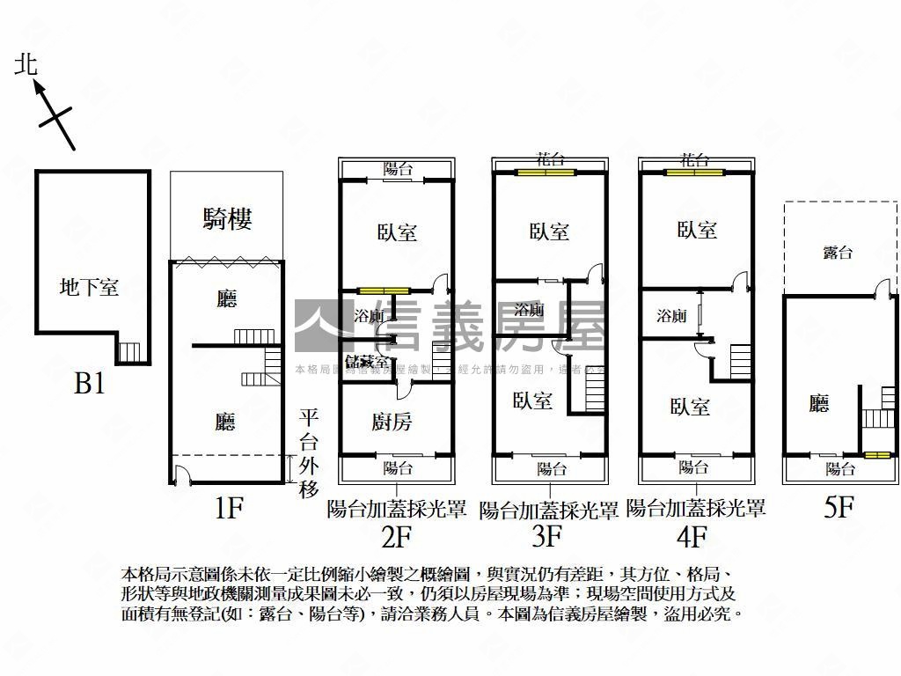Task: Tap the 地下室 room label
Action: pyautogui.click(x=89, y=287)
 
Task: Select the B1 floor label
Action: pyautogui.click(x=90, y=384)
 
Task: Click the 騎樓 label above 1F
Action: pyautogui.click(x=227, y=218)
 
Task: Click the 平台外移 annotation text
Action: pyautogui.click(x=309, y=454)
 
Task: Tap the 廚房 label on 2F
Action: pyautogui.click(x=392, y=422)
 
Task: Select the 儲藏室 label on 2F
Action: pyautogui.click(x=367, y=362)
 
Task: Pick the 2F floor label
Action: pyautogui.click(x=396, y=534)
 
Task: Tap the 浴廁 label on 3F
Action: pyautogui.click(x=529, y=310)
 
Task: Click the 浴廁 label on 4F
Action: pyautogui.click(x=671, y=315)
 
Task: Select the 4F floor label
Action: pyautogui.click(x=694, y=534)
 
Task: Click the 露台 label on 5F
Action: pyautogui.click(x=837, y=253)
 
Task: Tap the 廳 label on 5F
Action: pyautogui.click(x=819, y=403)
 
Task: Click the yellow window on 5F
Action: pyautogui.click(x=875, y=455)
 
